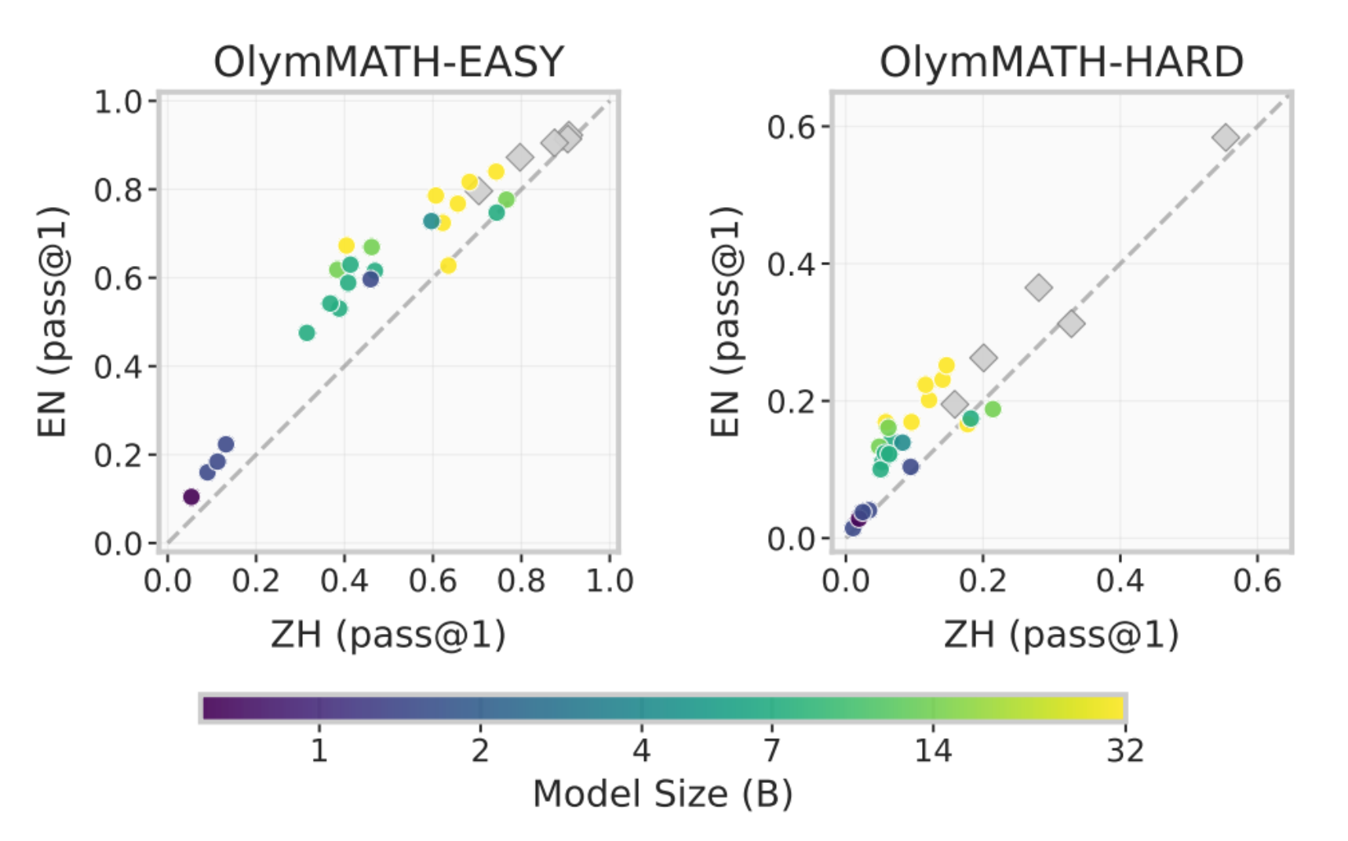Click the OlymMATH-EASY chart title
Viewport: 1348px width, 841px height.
pos(388,62)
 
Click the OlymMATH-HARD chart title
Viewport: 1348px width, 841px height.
pos(1061,62)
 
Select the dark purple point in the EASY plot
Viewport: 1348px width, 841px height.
pos(191,497)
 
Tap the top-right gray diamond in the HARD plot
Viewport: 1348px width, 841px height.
pos(1225,138)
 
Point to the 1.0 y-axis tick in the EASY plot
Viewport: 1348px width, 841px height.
pos(118,102)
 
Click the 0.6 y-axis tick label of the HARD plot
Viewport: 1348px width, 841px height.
pos(792,127)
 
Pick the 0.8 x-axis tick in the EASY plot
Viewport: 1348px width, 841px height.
pos(521,581)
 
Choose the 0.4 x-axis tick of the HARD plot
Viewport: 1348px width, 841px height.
pos(1120,581)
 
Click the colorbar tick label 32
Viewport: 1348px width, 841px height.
pos(1125,751)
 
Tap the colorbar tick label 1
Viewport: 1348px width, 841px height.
pos(319,751)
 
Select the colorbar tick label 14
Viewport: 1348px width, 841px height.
pos(933,751)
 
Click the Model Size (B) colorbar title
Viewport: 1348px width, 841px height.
pos(662,794)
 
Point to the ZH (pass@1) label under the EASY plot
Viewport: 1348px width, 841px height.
pos(388,635)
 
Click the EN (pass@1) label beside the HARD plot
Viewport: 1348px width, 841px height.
pos(726,322)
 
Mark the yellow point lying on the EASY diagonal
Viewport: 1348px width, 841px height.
pos(448,265)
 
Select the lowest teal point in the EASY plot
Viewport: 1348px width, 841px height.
pos(307,333)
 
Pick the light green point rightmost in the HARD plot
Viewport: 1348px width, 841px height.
pos(993,409)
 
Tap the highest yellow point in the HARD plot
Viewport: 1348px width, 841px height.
pos(946,366)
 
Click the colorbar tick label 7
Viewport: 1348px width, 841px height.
pos(772,751)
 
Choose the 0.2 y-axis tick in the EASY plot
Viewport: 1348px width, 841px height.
pos(118,455)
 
